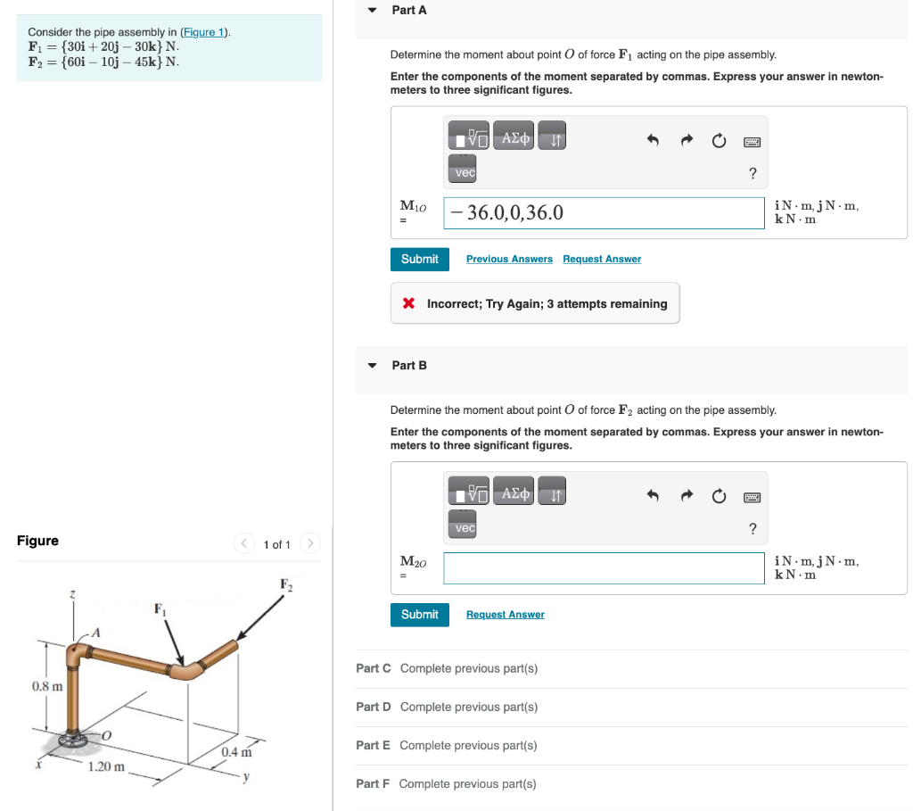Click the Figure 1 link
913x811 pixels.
coord(204,32)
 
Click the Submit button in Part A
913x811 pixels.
coord(419,259)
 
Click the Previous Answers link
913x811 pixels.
coord(509,259)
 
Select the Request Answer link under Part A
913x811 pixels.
coord(602,259)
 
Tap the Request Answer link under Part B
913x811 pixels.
coord(505,615)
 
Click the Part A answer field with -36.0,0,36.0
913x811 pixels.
coord(604,212)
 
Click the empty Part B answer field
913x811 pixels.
coord(604,568)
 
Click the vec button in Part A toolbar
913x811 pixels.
coord(465,172)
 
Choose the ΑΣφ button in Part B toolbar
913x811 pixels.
coord(515,493)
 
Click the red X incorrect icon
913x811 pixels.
coord(408,303)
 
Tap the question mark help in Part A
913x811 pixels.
coord(753,173)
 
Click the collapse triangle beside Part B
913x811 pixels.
coord(373,366)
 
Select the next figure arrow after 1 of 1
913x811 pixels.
coord(310,543)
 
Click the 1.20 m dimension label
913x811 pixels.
coord(106,766)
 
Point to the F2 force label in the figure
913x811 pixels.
coord(285,584)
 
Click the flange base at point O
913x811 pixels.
coord(70,739)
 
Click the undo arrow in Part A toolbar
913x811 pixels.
coord(652,141)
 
